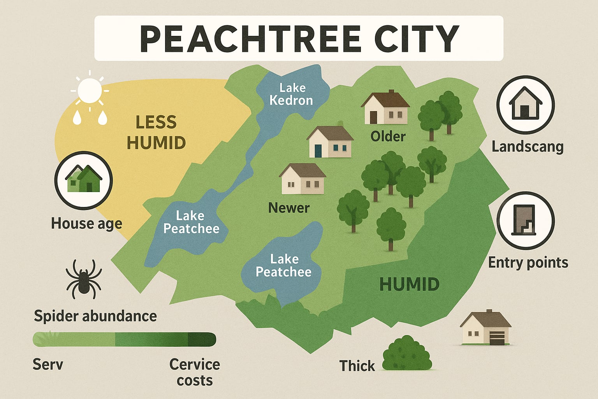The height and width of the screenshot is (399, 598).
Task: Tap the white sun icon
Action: point(90,90)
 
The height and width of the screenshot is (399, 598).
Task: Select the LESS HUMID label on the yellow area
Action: point(156,132)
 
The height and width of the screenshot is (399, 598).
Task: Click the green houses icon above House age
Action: point(84,180)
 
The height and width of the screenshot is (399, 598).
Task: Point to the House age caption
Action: point(86,224)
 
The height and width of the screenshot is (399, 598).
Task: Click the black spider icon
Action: point(84,278)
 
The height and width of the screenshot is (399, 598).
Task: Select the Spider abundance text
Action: point(95,316)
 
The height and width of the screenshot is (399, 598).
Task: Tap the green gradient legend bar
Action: point(125,339)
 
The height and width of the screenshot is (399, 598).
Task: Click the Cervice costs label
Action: point(195,372)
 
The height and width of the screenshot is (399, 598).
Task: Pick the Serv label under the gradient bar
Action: point(48,364)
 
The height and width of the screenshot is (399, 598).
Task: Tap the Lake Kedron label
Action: point(292,94)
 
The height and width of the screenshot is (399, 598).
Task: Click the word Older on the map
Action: point(388,136)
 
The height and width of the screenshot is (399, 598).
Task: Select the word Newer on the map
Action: point(289,208)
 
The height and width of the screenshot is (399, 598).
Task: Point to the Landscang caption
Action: point(528,147)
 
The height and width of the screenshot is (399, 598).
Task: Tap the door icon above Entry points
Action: point(525,220)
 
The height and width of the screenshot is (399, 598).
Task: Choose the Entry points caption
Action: point(528,262)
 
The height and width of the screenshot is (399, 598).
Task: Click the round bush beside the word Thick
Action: point(407,354)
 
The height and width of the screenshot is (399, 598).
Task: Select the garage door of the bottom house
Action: point(496,338)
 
